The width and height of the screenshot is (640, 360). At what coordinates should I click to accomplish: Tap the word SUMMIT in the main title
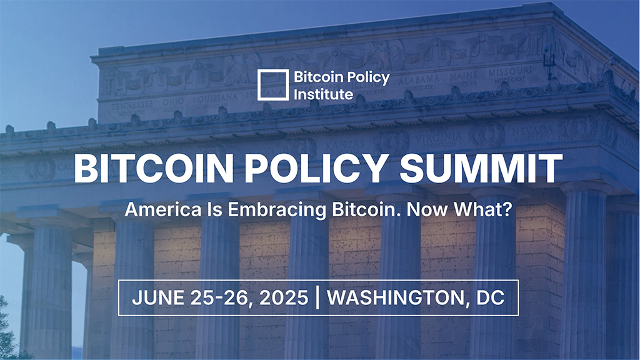[x=481, y=169]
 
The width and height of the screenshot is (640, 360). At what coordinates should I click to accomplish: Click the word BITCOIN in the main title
[x=154, y=169]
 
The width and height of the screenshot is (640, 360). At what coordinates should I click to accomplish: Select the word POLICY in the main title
[x=316, y=169]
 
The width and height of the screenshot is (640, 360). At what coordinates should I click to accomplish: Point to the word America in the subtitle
[x=163, y=209]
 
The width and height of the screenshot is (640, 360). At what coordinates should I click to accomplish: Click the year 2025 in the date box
[x=284, y=297]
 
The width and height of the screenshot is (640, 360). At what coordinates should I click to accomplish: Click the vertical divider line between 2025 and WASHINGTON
[x=317, y=297]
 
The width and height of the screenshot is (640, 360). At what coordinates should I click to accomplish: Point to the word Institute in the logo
[x=324, y=94]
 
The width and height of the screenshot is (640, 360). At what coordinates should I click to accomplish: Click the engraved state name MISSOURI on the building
[x=510, y=72]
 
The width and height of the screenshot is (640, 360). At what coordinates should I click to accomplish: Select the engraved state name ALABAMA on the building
[x=419, y=79]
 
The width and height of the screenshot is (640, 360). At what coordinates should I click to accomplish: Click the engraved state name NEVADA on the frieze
[x=532, y=131]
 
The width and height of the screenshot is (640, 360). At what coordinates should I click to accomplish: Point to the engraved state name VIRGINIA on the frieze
[x=438, y=137]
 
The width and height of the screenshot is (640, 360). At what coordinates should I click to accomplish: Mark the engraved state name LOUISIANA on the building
[x=215, y=98]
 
